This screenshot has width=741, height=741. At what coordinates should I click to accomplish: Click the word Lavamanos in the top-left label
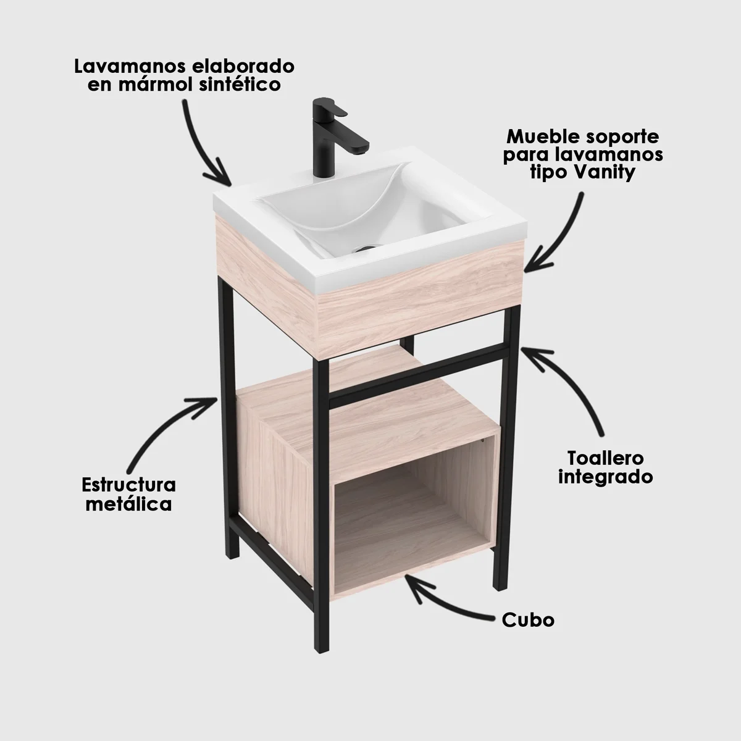[x=130, y=67]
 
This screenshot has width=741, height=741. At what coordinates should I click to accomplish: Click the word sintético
[x=239, y=85]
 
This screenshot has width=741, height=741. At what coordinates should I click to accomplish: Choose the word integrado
[x=606, y=477]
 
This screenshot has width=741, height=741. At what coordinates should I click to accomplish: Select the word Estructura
[x=129, y=485]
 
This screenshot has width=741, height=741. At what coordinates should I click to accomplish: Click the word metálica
[x=129, y=504]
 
